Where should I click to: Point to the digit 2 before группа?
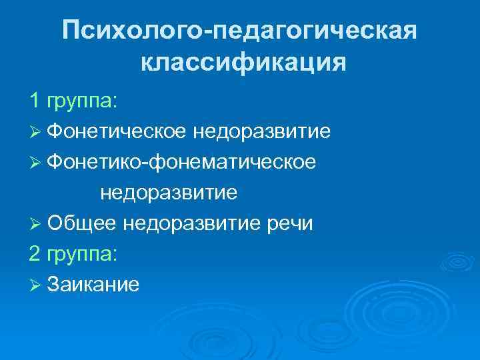click(35, 254)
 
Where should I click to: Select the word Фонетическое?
click(118, 131)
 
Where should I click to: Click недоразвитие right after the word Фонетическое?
click(262, 131)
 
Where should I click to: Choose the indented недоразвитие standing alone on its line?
click(169, 193)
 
